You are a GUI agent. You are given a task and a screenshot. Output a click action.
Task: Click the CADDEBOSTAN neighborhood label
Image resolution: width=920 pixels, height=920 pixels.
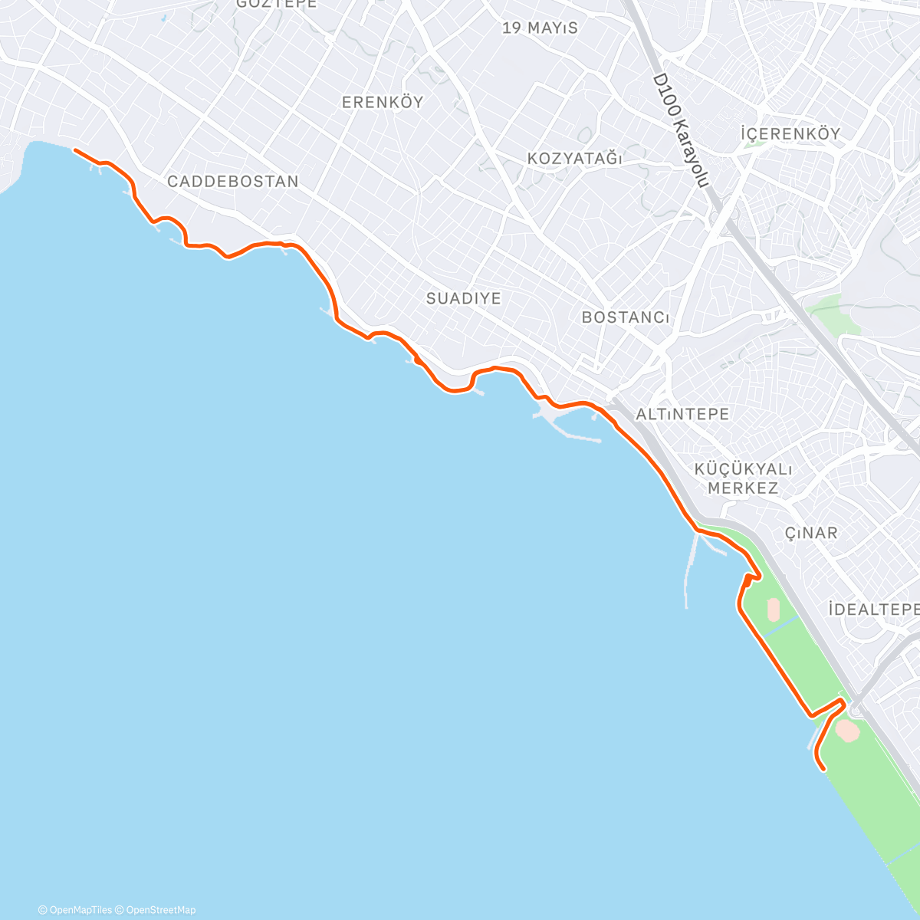pos(232,182)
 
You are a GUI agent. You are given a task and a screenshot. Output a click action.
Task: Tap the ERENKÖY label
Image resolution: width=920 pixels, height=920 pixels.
pos(383,103)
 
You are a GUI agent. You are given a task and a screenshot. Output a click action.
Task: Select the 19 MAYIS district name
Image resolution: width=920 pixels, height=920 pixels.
pos(540,28)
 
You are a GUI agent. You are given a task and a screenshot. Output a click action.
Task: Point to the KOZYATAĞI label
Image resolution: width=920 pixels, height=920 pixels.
pos(574,159)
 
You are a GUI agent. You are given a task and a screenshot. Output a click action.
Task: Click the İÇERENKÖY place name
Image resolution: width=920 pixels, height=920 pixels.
pos(790,133)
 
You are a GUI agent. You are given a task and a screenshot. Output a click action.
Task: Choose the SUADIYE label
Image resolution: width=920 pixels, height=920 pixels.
pos(463,298)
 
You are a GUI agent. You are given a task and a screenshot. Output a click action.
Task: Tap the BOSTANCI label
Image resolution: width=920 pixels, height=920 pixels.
pos(626,317)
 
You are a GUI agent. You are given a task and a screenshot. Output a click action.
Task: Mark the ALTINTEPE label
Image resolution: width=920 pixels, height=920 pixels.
pos(682,414)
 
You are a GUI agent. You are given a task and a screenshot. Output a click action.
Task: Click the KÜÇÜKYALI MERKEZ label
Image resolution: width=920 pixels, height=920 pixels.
pos(743,478)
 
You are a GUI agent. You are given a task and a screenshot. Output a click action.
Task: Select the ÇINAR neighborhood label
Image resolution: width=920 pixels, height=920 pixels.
pos(811,533)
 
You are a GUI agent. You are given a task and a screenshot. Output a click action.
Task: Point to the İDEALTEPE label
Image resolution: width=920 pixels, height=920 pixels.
pos(874,609)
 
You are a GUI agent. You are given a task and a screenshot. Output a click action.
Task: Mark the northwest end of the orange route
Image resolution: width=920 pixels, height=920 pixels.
pos(75,150)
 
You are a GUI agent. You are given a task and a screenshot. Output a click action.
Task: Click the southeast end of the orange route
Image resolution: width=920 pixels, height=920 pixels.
pos(823,768)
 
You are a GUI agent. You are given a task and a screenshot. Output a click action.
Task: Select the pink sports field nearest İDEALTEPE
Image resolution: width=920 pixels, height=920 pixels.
pos(773,610)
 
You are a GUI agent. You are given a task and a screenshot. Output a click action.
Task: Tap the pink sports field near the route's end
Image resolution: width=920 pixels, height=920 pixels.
pos(847,730)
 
